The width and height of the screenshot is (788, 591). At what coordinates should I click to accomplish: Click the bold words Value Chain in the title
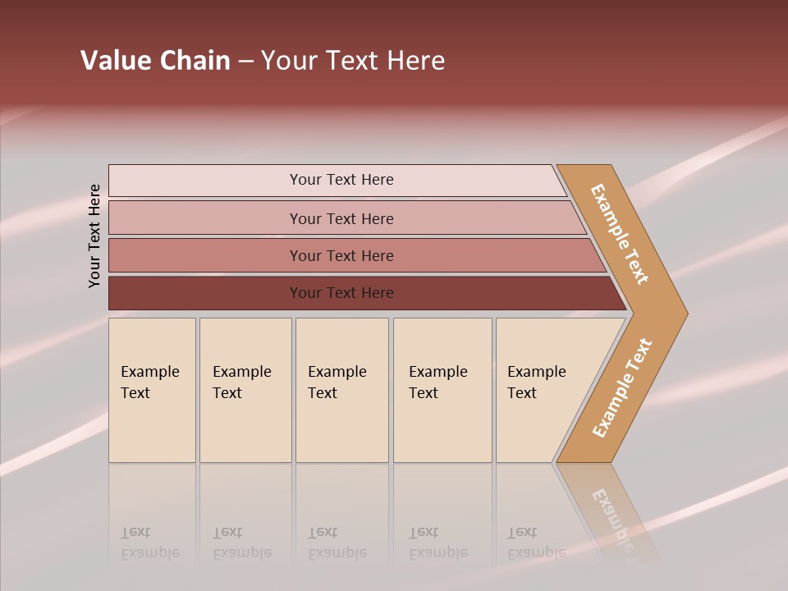point(155,61)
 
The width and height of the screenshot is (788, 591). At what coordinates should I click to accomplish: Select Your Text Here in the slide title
point(353,61)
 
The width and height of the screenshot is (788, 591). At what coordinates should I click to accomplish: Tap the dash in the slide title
point(245,61)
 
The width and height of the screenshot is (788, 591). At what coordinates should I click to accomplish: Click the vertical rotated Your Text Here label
point(95,236)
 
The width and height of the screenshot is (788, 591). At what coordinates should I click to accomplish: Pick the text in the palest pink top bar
point(341,180)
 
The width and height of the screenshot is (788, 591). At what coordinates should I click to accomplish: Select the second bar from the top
point(341,218)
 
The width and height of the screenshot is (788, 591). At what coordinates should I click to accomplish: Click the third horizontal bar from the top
point(341,255)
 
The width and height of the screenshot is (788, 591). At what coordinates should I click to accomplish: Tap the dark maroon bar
point(341,293)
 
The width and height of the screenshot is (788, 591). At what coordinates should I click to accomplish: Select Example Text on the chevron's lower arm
point(622,388)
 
